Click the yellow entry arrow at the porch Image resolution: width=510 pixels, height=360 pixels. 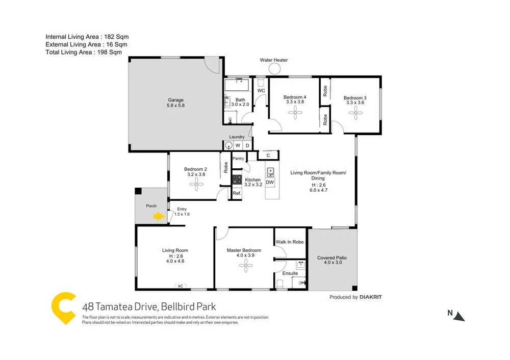coord(160,216)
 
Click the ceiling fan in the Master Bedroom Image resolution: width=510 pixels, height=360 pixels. coord(246,263)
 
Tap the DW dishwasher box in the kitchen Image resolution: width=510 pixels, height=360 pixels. coord(270,183)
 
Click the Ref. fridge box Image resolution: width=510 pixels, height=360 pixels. coord(237,193)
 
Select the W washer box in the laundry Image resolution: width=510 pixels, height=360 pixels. coord(238,146)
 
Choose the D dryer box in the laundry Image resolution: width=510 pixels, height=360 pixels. coord(247,146)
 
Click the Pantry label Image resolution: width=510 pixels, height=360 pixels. coord(238,159)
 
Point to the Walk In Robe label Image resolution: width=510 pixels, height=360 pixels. coord(290,242)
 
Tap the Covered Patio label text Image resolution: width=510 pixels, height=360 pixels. coord(332,258)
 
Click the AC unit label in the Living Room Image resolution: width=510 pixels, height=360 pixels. coord(180,286)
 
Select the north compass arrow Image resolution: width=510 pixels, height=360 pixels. coord(460,316)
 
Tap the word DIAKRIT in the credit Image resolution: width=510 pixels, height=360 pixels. coord(371,297)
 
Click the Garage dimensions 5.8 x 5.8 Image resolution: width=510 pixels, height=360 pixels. coord(175,106)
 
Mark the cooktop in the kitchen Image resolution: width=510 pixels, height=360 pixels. coord(237,179)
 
